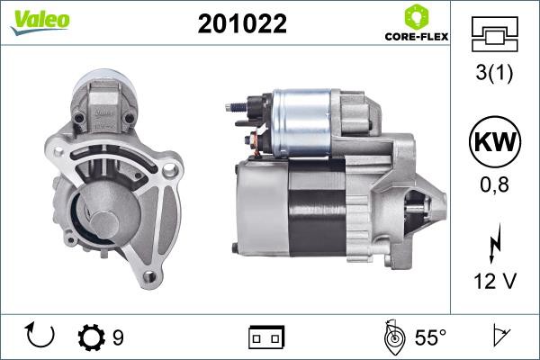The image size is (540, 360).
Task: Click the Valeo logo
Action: [40, 22]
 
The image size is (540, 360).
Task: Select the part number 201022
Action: [242, 23]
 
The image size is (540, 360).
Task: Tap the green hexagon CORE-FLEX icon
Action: [417, 17]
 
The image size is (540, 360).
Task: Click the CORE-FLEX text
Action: [417, 37]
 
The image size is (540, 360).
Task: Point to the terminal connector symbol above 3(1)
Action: [494, 34]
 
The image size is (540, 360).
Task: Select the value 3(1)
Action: [494, 73]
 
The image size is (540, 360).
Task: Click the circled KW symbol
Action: [495, 141]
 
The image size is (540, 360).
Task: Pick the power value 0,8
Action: [494, 185]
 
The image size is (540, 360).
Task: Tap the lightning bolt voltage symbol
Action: [495, 243]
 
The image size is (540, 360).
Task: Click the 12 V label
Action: [495, 281]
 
